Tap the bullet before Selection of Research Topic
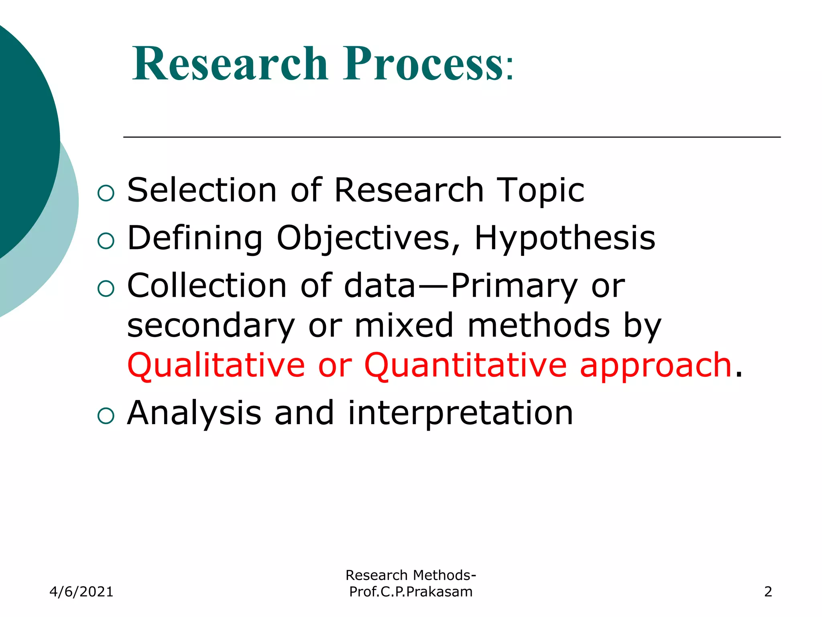(x=106, y=193)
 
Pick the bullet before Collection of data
(x=106, y=288)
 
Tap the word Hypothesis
(x=565, y=238)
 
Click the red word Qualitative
(x=216, y=366)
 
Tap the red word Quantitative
(x=465, y=366)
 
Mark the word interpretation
(x=460, y=413)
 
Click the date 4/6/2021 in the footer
(x=81, y=592)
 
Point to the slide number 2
(x=768, y=592)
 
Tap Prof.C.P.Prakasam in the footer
(x=411, y=592)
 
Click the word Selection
(x=202, y=190)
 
